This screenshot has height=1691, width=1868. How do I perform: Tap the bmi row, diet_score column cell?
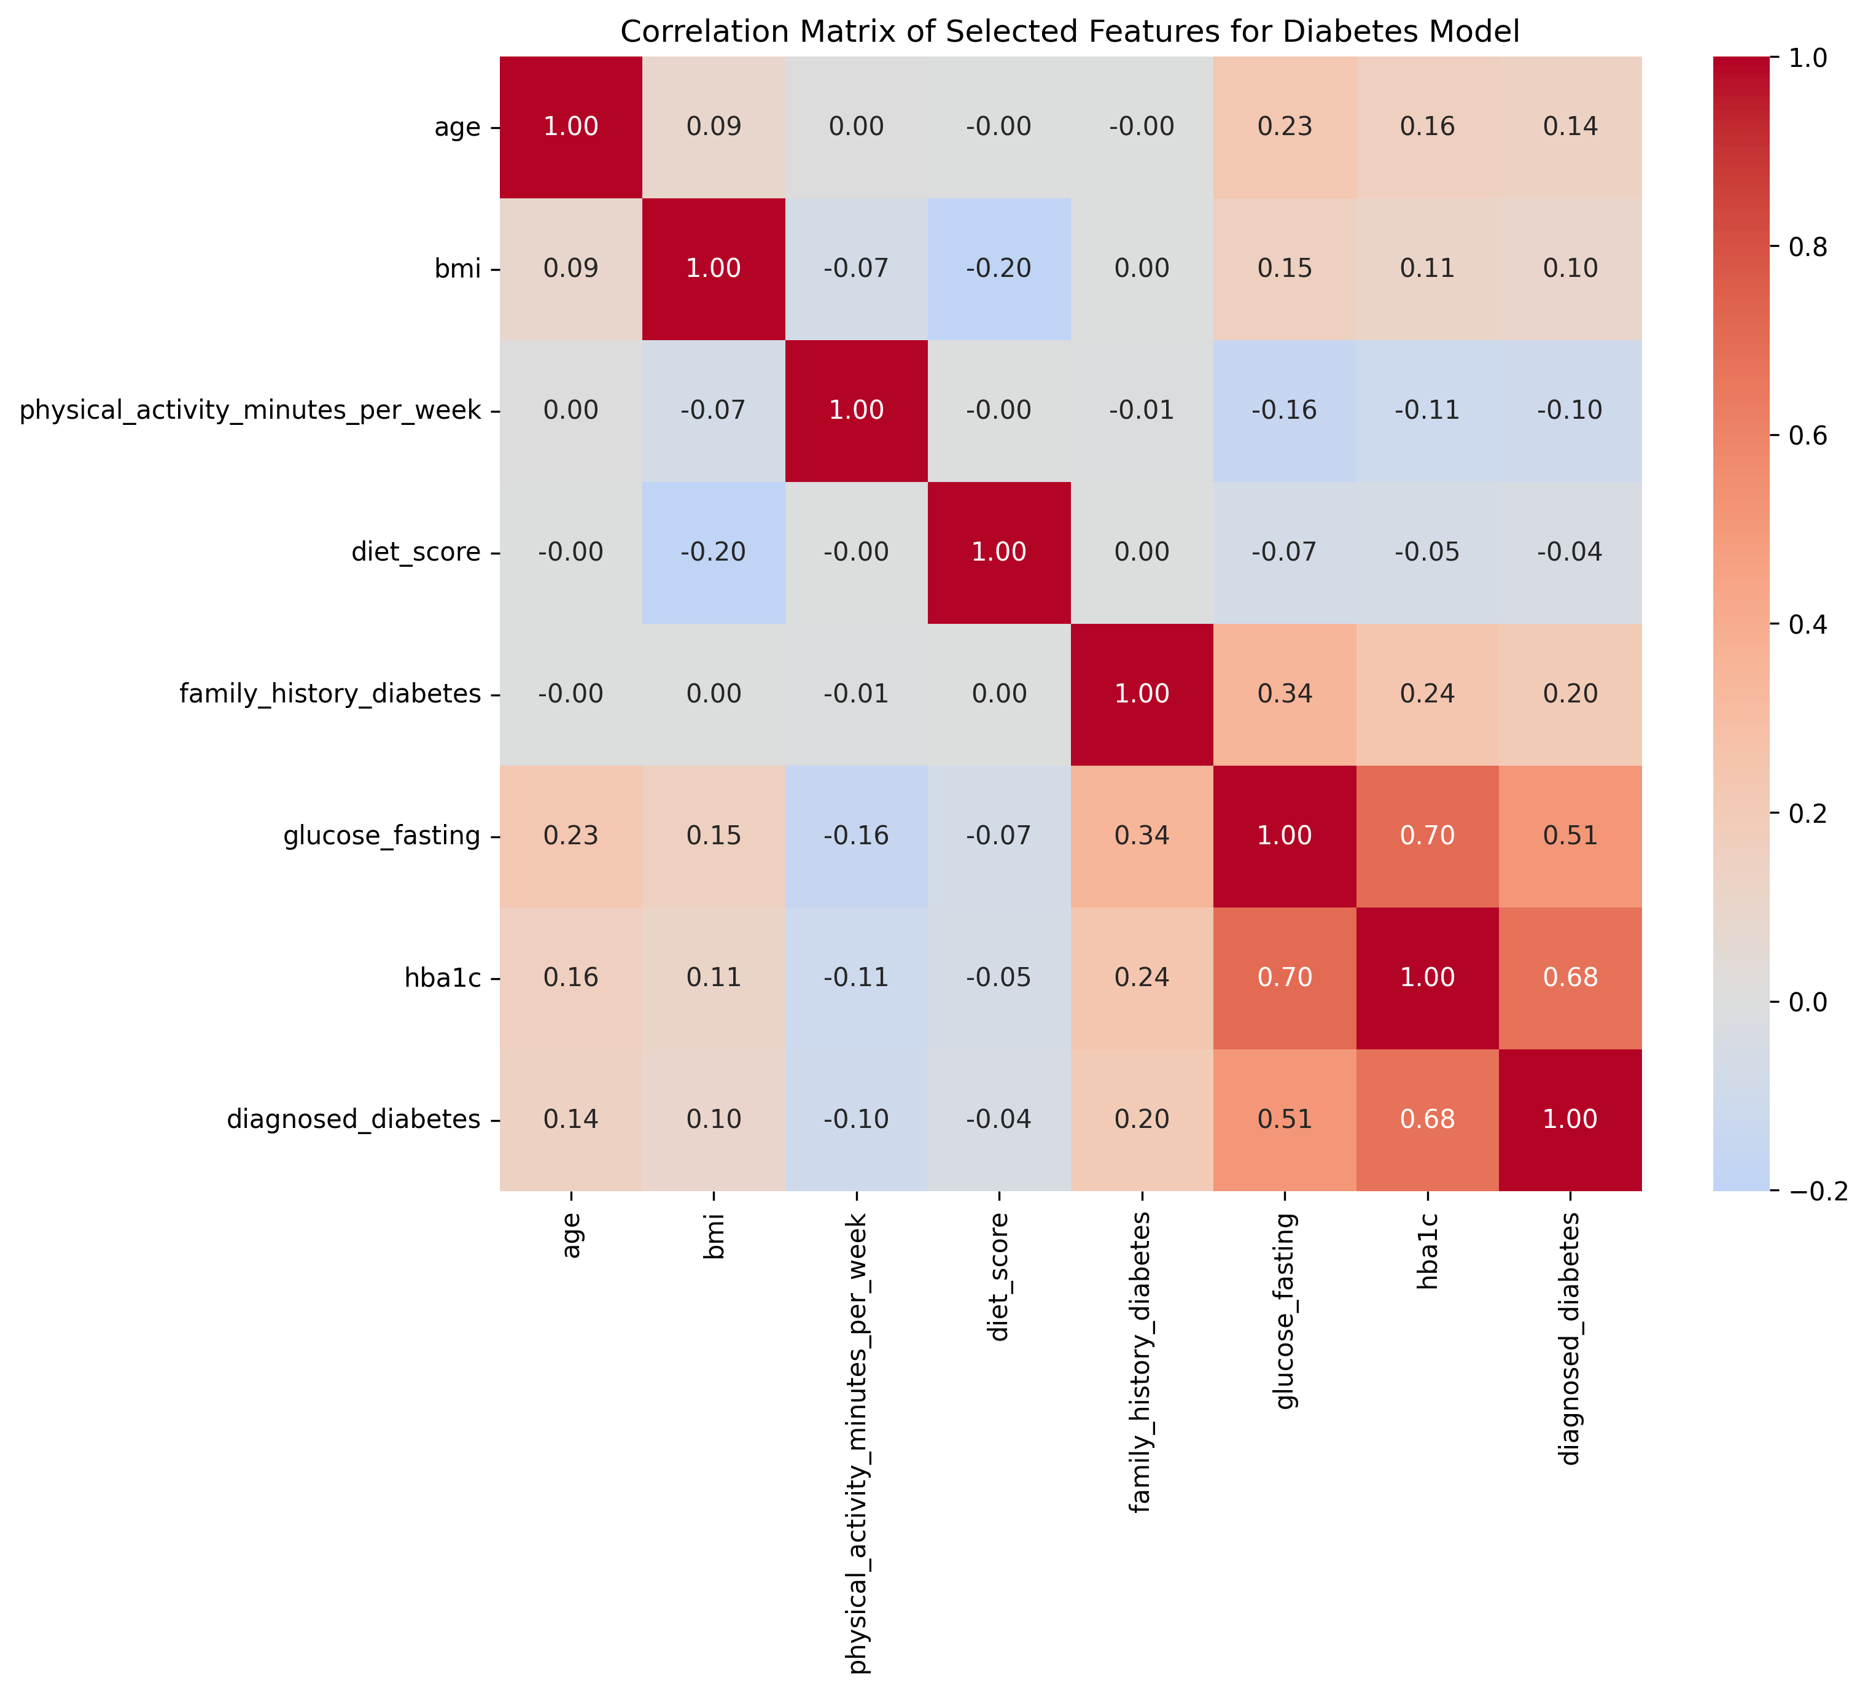pyautogui.click(x=999, y=269)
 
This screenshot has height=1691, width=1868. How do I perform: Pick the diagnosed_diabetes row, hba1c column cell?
pyautogui.click(x=1427, y=1119)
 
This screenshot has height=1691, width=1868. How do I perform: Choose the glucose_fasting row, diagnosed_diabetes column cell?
pyautogui.click(x=1570, y=836)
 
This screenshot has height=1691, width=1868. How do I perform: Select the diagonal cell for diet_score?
pyautogui.click(x=999, y=552)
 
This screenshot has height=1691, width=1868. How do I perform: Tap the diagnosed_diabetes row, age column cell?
pyautogui.click(x=571, y=1119)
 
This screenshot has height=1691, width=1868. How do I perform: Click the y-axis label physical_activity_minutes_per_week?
pyautogui.click(x=250, y=411)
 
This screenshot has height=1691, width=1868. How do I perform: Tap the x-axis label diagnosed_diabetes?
pyautogui.click(x=1570, y=1339)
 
